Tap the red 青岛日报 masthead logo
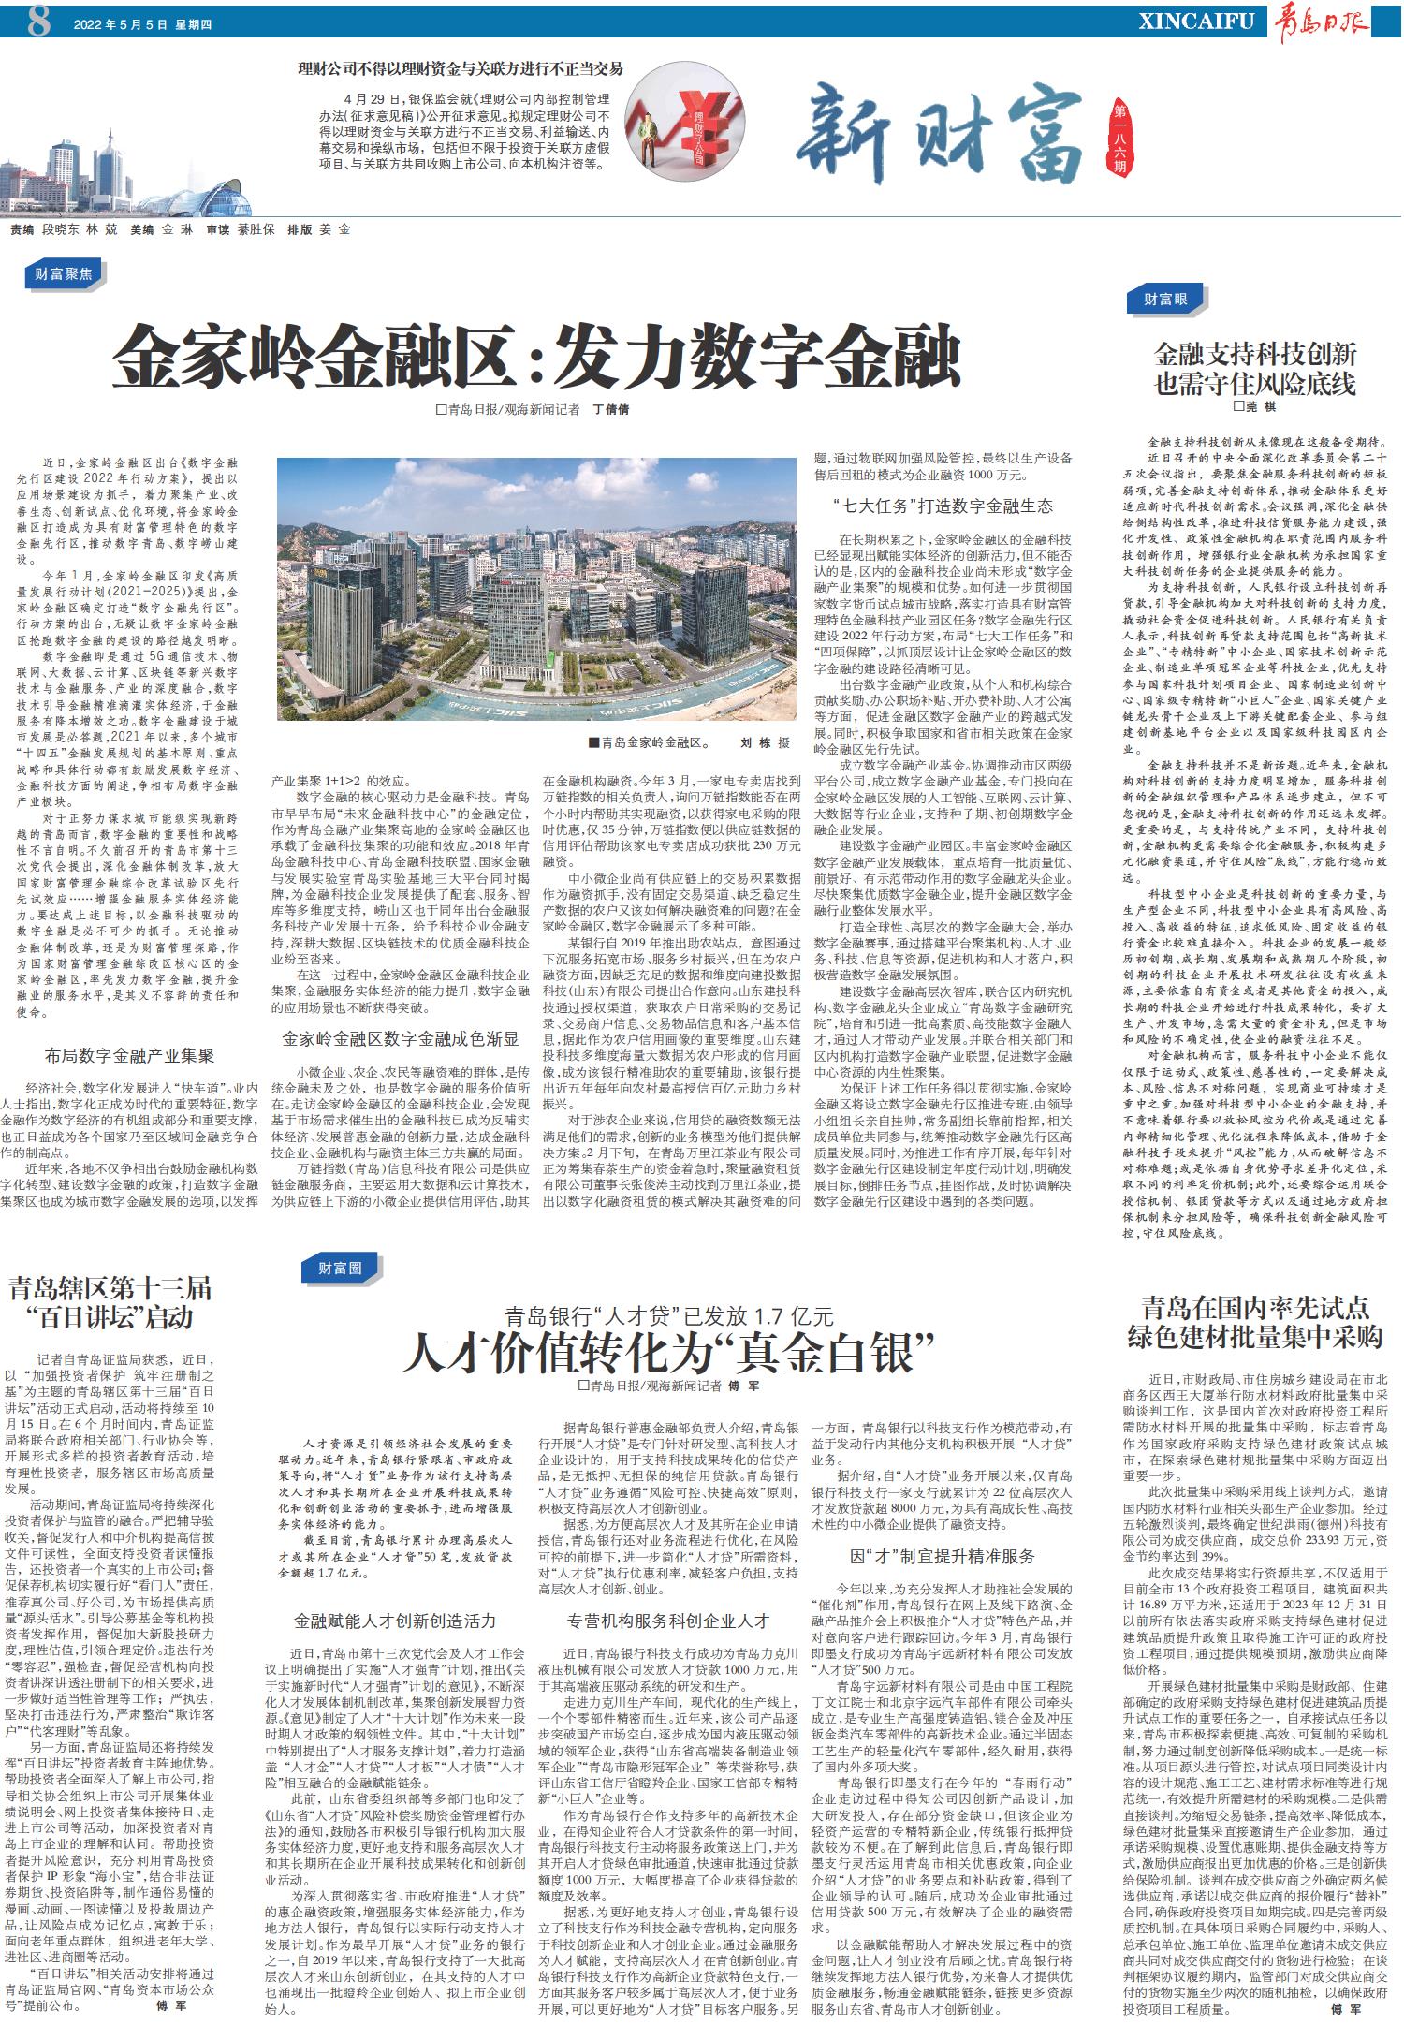pos(1319,21)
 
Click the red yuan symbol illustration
pos(702,117)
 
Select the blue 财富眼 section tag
pos(1165,299)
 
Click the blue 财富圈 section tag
pos(339,1268)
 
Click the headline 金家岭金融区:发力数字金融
pos(537,356)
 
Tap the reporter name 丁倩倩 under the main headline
pos(611,410)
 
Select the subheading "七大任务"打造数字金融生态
pos(943,506)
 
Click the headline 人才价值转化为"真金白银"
pos(668,1352)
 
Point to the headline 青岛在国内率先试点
pos(1254,1307)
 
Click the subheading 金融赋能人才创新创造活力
pos(394,1621)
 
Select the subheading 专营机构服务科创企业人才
pos(667,1621)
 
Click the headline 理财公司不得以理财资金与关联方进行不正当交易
pos(460,68)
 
